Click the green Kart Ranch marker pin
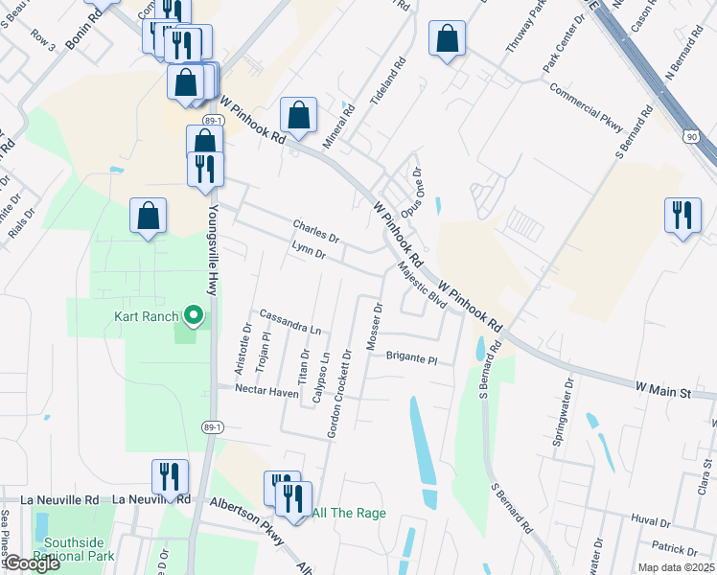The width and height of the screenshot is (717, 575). (x=192, y=315)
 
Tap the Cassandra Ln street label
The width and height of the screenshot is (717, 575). (x=289, y=321)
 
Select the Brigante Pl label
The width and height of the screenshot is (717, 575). (x=411, y=359)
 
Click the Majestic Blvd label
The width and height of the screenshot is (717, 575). (x=422, y=287)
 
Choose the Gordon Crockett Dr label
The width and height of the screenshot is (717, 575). (x=339, y=394)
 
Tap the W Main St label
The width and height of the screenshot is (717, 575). (x=662, y=391)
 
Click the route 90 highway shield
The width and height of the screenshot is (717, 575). (x=691, y=137)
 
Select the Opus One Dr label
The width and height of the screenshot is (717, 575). (x=411, y=191)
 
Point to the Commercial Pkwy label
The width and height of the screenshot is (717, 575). (x=586, y=106)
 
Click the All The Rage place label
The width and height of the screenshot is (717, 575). (x=349, y=514)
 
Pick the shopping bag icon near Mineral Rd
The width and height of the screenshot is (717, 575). (x=299, y=116)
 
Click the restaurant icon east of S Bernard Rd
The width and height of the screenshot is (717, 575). (x=682, y=214)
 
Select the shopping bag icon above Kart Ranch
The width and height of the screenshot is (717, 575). (x=149, y=216)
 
